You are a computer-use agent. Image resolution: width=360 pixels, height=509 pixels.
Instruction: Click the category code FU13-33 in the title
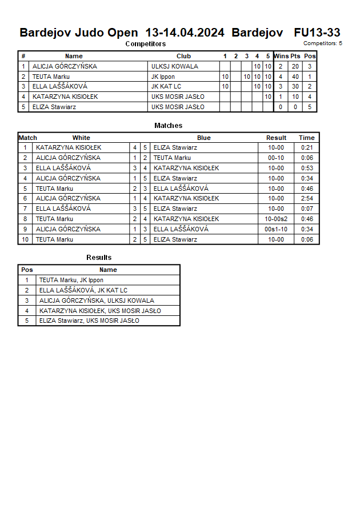tap(317, 33)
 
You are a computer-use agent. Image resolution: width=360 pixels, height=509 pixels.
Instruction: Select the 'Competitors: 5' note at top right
tap(323, 43)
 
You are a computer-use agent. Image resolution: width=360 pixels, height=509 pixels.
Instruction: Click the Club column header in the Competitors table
tap(183, 56)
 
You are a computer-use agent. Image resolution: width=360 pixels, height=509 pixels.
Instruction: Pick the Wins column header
tap(281, 56)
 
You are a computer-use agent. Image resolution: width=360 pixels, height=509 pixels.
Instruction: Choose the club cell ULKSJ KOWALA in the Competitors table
tap(175, 66)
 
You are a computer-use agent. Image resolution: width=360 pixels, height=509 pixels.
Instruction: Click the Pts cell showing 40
tap(295, 77)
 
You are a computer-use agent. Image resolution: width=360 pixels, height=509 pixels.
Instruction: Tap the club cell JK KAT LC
tap(166, 87)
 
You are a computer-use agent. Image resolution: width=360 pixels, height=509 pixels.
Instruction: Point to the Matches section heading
tap(169, 125)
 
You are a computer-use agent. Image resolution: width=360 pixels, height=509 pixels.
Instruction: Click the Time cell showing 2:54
tap(307, 198)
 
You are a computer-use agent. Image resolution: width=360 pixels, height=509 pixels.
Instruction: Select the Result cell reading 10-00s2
tap(277, 219)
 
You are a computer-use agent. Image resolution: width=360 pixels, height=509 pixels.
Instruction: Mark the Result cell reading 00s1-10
tap(277, 229)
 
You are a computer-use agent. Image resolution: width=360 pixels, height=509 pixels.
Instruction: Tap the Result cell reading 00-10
tap(276, 158)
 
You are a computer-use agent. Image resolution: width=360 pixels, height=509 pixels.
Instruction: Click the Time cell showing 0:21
tap(307, 147)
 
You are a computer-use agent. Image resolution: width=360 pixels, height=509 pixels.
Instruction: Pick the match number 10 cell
tap(25, 239)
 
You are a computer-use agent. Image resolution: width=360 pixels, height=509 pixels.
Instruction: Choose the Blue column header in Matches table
tap(204, 138)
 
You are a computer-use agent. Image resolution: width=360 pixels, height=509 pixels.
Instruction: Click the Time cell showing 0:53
tap(307, 168)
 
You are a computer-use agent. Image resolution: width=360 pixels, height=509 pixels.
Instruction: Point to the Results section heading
tap(99, 258)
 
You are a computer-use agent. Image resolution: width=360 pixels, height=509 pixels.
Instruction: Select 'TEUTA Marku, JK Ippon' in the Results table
tap(71, 280)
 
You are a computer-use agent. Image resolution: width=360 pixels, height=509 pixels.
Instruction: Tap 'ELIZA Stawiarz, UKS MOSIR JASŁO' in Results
tap(89, 320)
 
